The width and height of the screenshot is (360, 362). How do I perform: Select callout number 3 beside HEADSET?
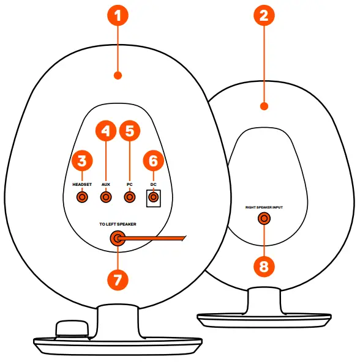click(81, 161)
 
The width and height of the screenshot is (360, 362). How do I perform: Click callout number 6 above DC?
click(153, 161)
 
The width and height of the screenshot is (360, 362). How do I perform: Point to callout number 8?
click(264, 266)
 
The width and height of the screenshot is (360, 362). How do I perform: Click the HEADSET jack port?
click(81, 197)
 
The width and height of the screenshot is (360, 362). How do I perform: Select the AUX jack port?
click(106, 197)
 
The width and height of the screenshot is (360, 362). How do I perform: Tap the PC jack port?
click(129, 197)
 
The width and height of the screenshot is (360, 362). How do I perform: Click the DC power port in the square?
click(153, 197)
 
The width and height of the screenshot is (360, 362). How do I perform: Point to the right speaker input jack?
click(264, 218)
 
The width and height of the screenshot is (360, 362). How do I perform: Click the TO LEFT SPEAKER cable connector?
click(117, 239)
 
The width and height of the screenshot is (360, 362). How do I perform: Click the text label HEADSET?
click(81, 183)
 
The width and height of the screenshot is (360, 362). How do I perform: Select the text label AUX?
click(106, 183)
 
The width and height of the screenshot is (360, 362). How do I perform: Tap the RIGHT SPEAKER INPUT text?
click(264, 207)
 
